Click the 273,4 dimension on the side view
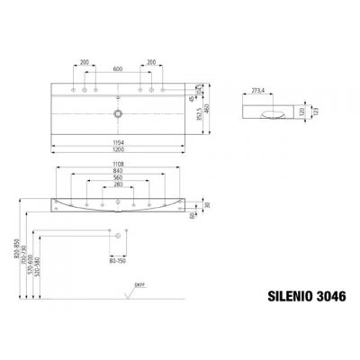tap(261, 91)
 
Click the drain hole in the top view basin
tap(118, 114)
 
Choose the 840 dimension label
tap(118, 173)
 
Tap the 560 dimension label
tap(118, 180)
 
